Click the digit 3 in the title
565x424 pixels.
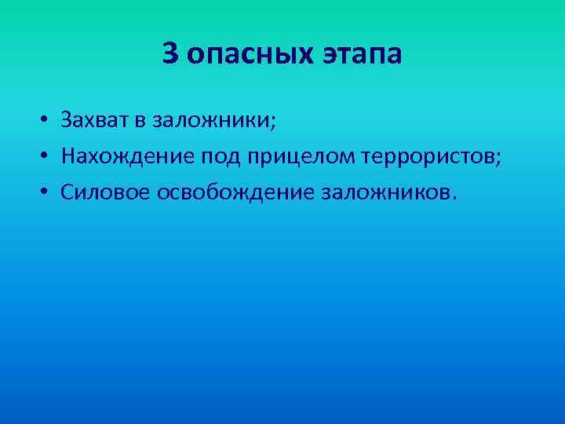point(170,54)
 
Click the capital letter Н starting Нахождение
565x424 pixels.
point(68,157)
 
